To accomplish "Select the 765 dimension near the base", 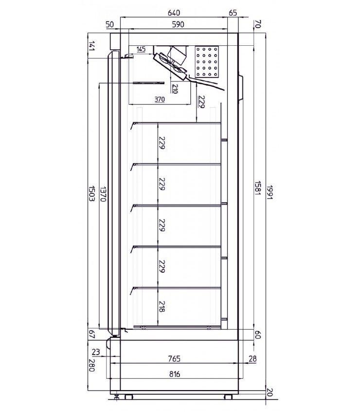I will (174, 359).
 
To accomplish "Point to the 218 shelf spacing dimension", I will (162, 306).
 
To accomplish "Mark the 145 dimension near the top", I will (141, 50).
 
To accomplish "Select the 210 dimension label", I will (175, 89).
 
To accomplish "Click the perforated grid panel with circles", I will (208, 62).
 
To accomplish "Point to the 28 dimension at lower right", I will (252, 359).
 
